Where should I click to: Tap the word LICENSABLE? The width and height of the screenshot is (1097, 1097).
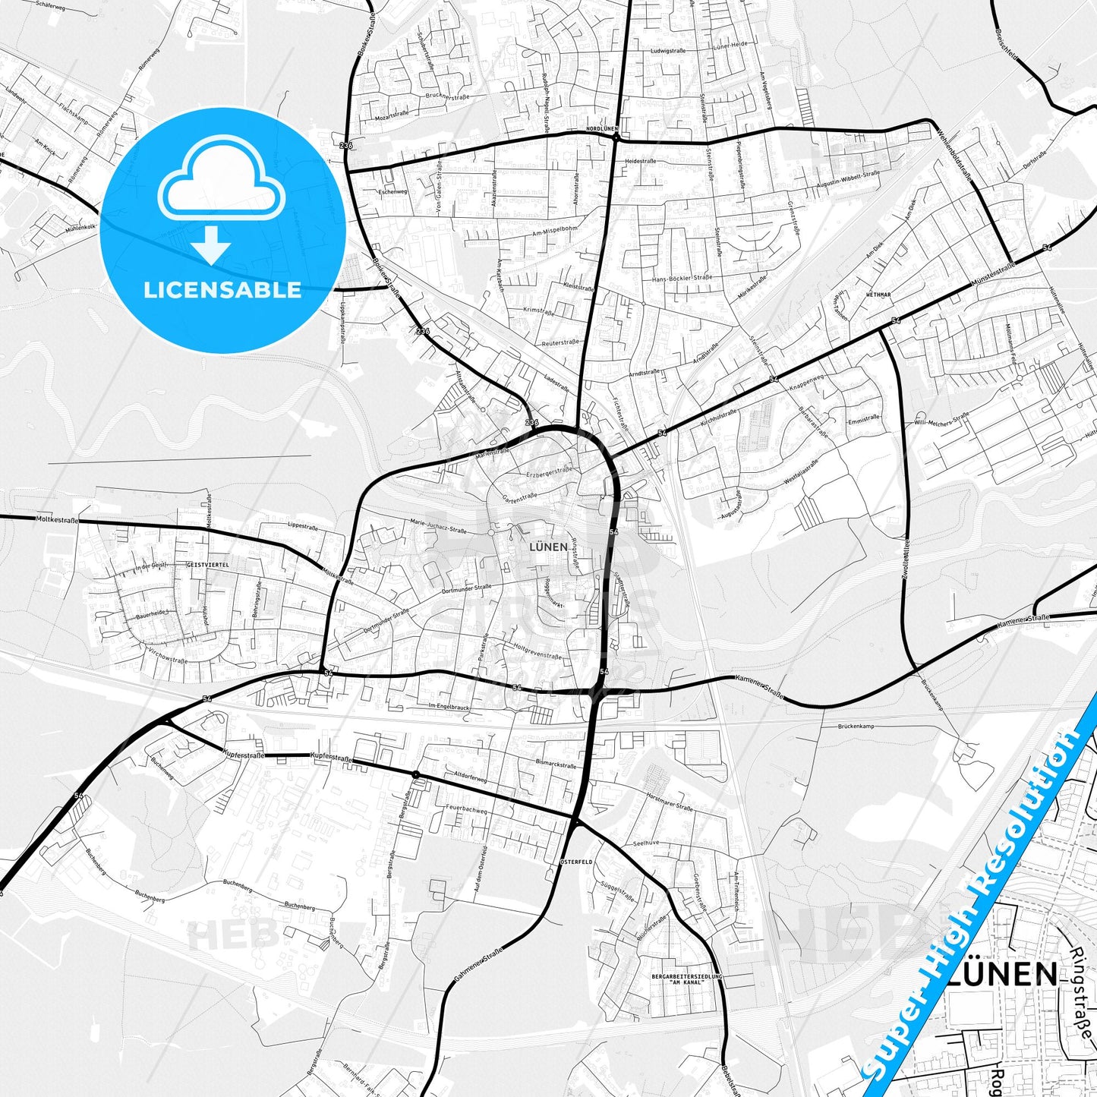pos(222,289)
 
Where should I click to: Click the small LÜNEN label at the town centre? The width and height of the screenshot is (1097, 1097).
pos(548,546)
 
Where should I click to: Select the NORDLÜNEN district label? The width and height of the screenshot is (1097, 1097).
pos(602,129)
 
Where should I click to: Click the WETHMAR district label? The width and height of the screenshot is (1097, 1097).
pos(878,293)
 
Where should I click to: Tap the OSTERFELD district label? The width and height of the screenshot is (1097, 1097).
pos(575,862)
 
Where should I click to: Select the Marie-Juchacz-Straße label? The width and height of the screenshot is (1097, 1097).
pos(438,525)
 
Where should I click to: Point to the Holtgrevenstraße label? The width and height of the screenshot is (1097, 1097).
pos(537,651)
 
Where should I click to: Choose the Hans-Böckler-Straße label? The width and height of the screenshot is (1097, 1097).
pos(682,279)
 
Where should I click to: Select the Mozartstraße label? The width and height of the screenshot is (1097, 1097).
pos(392,118)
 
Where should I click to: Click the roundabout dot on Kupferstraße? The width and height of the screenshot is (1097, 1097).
pos(415,774)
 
